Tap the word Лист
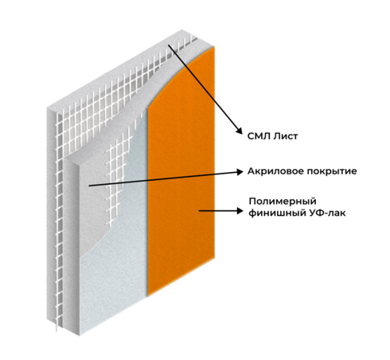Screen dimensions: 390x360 286,136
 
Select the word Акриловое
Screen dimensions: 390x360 275,171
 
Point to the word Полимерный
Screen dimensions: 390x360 283,202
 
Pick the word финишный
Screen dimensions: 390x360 277,213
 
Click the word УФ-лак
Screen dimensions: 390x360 327,213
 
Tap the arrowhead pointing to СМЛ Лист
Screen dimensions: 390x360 239,131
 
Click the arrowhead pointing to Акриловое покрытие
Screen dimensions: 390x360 240,172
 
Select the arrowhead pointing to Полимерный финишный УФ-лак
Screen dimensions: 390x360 240,211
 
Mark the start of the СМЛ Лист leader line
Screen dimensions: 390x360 168,45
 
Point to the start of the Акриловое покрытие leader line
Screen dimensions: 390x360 89,186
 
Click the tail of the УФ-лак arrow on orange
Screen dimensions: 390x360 199,211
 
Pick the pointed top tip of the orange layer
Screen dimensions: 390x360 213,47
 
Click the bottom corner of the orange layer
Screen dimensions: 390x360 148,295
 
